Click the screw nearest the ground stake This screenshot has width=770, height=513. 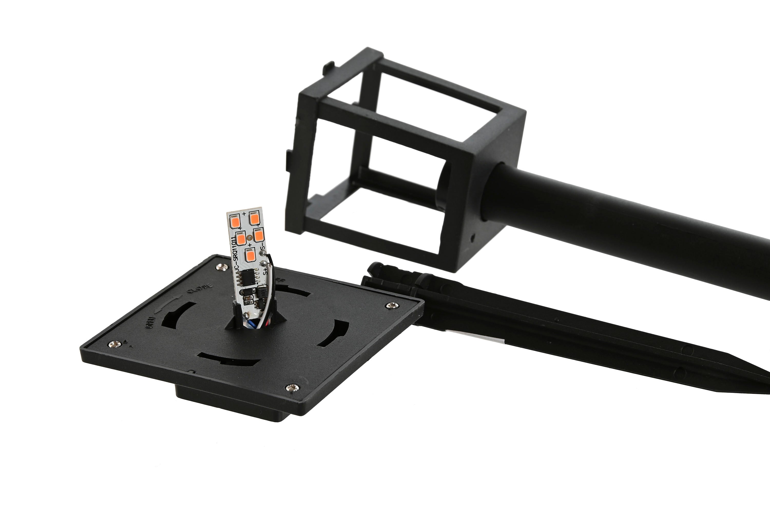pos(392,305)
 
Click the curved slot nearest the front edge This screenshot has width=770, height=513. pos(229,360)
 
